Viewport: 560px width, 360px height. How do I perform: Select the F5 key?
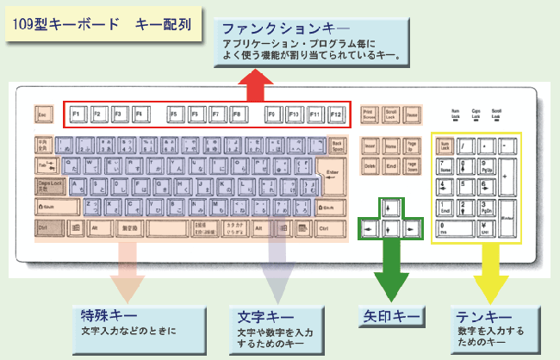[175, 114]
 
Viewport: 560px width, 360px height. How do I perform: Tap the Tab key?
[45, 164]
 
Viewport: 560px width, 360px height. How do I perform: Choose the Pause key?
[413, 114]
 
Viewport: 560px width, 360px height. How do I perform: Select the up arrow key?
[390, 208]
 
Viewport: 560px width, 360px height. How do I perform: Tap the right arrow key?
[413, 229]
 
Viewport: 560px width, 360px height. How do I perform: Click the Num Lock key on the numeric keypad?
[445, 146]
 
